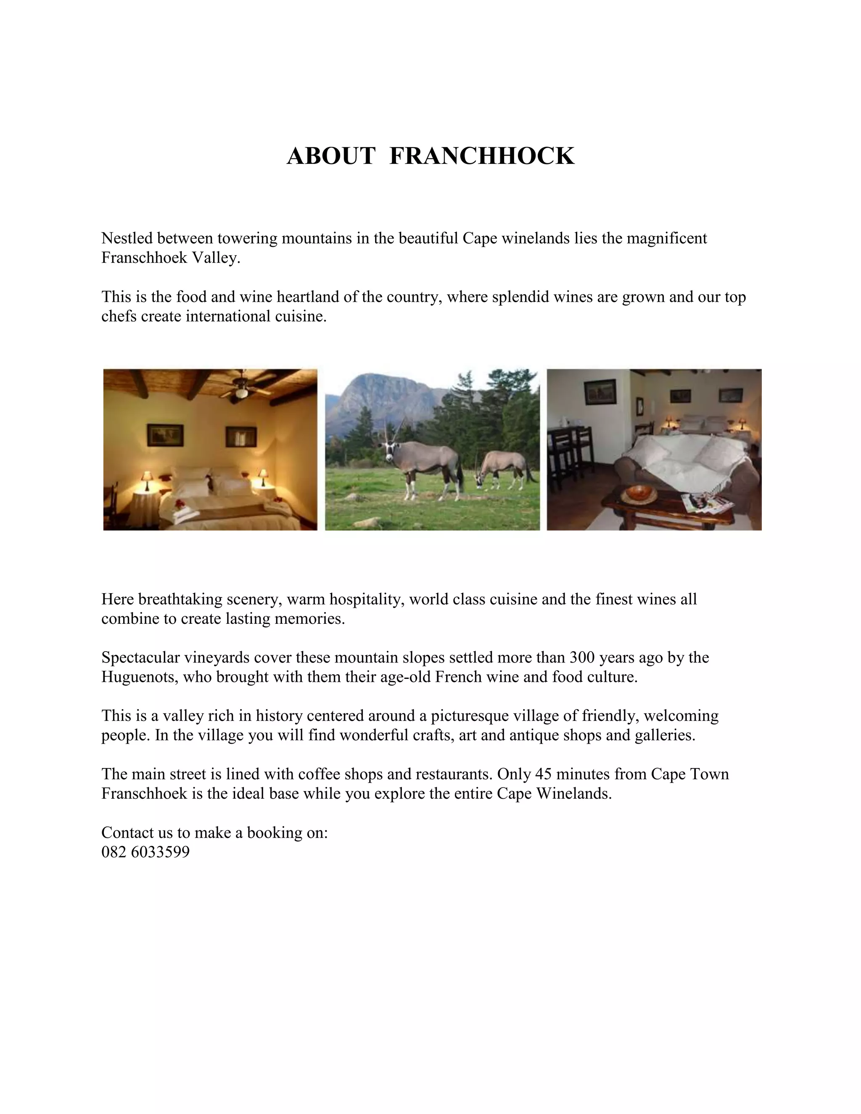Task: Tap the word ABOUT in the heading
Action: point(331,156)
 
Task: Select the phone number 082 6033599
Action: point(145,852)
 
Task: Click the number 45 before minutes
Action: point(543,774)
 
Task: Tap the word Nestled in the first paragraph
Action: point(127,238)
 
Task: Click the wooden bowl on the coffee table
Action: point(641,493)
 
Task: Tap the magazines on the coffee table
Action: point(706,502)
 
